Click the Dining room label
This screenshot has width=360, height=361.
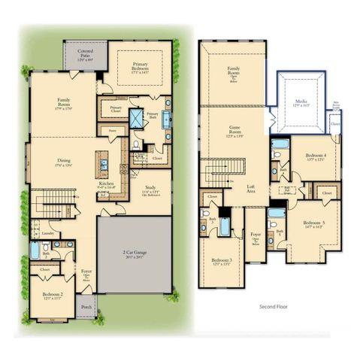coord(64,161)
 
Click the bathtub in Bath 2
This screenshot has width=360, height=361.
coord(35,250)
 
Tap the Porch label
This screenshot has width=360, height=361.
coord(86,307)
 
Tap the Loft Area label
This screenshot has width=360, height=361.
coord(253,190)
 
